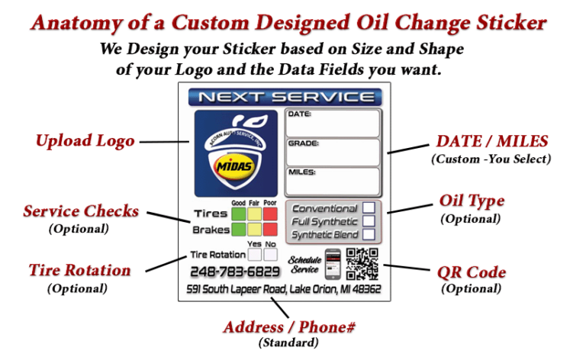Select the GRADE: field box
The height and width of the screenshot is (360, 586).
[x=333, y=153]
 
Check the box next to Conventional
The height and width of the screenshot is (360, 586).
[x=369, y=207]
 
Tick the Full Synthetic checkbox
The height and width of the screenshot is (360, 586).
[x=369, y=221]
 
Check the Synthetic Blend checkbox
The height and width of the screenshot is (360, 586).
[x=369, y=235]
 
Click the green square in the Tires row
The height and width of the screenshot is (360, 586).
[x=237, y=214]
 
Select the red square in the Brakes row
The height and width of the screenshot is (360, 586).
[x=269, y=229]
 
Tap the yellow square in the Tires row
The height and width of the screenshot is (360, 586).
[x=253, y=214]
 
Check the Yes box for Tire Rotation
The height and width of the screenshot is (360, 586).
[x=256, y=255]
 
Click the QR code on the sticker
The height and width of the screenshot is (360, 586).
[x=362, y=265]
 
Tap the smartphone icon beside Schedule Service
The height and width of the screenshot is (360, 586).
[x=332, y=264]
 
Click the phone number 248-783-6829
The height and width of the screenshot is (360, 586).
[x=235, y=272]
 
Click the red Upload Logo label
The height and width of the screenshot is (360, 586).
[x=85, y=141]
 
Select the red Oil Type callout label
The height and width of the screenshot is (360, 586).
[x=472, y=201]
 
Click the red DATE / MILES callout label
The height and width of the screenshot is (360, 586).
[x=491, y=142]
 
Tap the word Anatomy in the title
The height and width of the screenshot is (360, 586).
[x=73, y=23]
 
